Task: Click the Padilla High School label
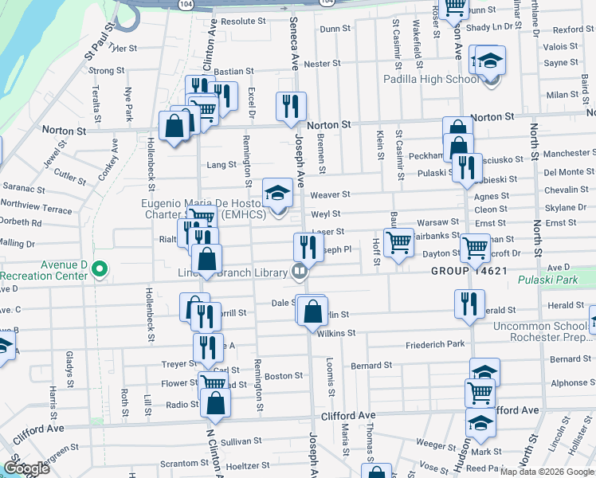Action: coord(431,80)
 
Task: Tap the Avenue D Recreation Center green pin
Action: coord(100,270)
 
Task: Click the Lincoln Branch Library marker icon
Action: coord(299,272)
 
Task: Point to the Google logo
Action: coord(27,468)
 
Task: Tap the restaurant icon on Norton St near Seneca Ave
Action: coord(291,106)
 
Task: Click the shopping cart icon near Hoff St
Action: coord(398,242)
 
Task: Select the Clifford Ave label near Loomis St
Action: coord(347,416)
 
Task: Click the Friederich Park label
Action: coord(434,344)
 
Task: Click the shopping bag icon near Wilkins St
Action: coord(313,311)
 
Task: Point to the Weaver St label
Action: coord(330,194)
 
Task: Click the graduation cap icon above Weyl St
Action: coord(277,192)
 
